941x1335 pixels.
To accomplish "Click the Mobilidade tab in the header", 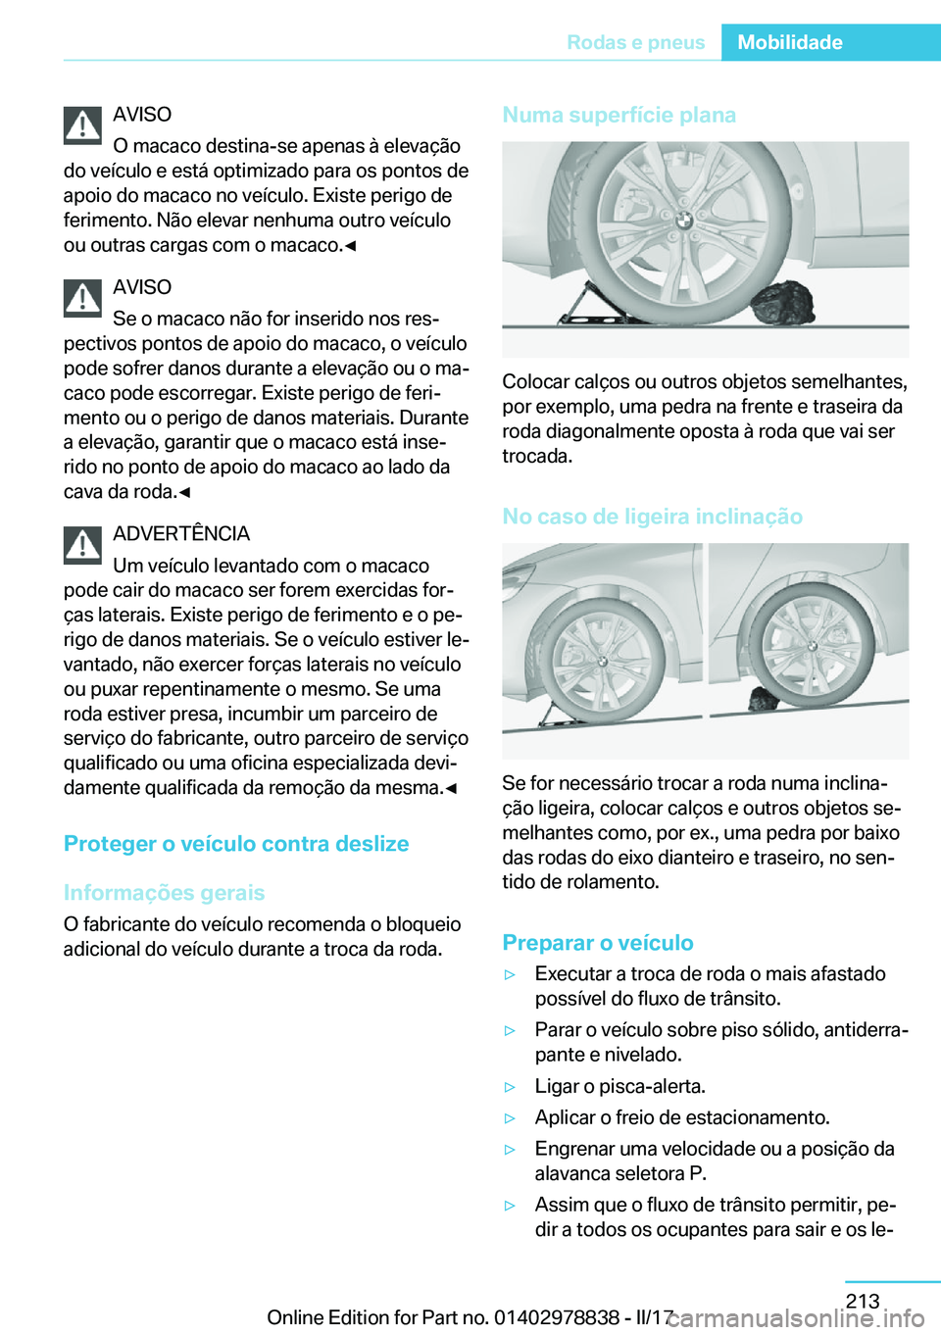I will [789, 42].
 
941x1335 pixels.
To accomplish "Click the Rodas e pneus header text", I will [635, 42].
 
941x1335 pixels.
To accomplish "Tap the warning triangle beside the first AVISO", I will [83, 125].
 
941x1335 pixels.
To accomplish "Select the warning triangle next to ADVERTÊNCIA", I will [83, 545].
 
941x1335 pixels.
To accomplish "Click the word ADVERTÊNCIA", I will [181, 533].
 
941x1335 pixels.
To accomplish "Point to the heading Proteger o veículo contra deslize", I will [236, 844].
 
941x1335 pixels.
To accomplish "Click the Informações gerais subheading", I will [164, 893].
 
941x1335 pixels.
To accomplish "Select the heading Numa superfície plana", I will [619, 115].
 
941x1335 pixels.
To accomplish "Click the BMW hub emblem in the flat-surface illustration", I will [684, 221].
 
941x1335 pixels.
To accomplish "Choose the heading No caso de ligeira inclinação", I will [652, 517].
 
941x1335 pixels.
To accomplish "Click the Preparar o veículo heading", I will [598, 943].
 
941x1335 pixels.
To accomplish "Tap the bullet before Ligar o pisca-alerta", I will [510, 1087].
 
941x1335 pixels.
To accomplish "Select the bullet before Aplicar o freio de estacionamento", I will [510, 1118].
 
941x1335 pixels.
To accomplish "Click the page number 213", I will [863, 1301].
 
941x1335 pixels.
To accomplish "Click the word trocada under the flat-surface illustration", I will [536, 456].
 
